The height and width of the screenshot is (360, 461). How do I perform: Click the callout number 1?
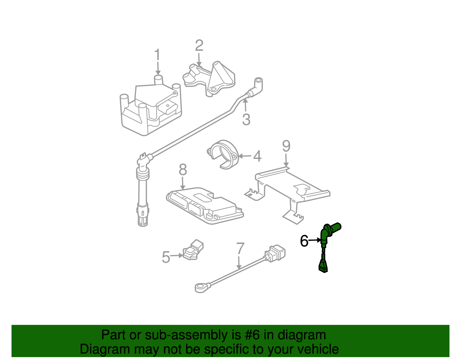click(x=157, y=55)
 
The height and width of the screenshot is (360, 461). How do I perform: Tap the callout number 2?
click(x=199, y=46)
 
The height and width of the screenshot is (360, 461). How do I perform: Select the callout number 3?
click(x=246, y=120)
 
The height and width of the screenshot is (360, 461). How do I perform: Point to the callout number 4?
click(x=257, y=156)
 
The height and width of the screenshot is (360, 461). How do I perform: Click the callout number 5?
click(x=166, y=257)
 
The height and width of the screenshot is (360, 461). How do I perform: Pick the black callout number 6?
click(x=304, y=241)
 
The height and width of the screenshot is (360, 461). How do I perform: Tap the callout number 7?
click(x=240, y=248)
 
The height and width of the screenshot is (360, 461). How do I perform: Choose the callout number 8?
click(x=183, y=170)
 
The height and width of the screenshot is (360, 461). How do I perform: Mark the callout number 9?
click(x=286, y=146)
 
